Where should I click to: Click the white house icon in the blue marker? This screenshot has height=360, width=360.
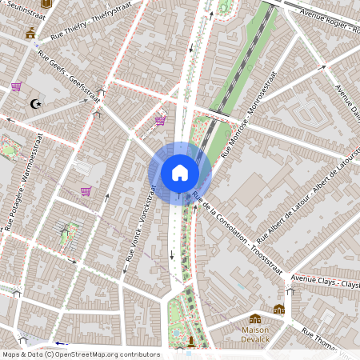click(180, 173)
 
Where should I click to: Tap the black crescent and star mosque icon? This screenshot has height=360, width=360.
click(34, 104)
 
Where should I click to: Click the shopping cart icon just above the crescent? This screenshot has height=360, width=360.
click(16, 86)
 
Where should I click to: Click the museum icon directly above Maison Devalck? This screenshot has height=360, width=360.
click(255, 318)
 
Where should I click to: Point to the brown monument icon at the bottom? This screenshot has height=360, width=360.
click(190, 342)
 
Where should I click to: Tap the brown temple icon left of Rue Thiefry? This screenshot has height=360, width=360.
click(30, 33)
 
